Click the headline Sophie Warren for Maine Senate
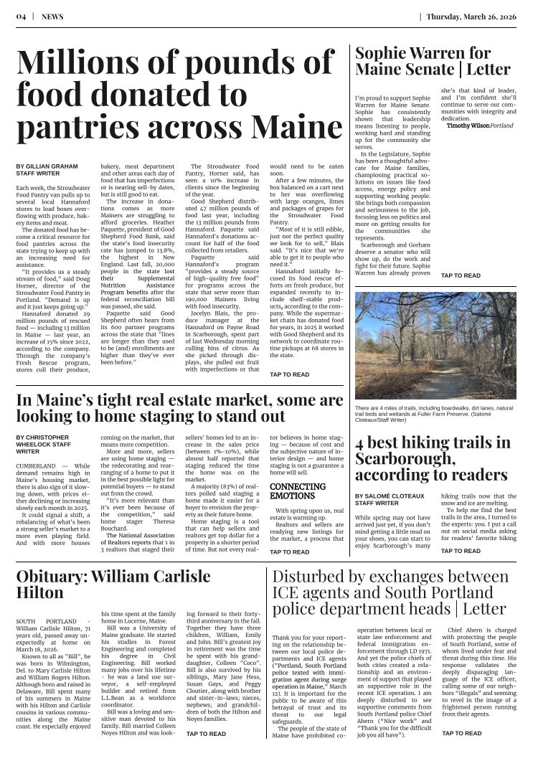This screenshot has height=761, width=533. point(433,61)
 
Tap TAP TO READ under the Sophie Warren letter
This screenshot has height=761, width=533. point(461,275)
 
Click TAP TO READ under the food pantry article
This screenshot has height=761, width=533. point(289,374)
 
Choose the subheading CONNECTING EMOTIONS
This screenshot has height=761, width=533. point(292,491)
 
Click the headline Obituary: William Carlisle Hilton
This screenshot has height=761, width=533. point(113,585)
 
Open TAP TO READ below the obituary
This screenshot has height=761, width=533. point(206,734)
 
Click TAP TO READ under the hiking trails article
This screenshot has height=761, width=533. point(461,551)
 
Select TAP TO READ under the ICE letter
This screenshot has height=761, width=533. point(461,734)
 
